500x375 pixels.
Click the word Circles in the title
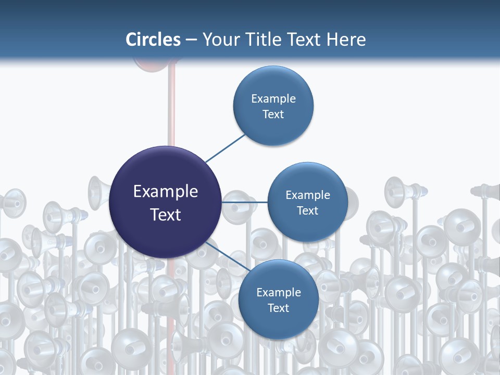tap(153, 40)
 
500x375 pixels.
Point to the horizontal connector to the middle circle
tap(244, 202)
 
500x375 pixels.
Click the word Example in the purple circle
tap(166, 192)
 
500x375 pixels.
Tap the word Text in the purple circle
tap(166, 214)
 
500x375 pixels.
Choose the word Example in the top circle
tap(273, 98)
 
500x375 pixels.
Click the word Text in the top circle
tap(273, 114)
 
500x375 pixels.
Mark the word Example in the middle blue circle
tap(308, 195)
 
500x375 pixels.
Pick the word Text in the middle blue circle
tap(307, 210)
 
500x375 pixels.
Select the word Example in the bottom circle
tap(279, 292)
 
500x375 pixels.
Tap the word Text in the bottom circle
tap(278, 308)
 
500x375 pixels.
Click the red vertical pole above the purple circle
tap(171, 109)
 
